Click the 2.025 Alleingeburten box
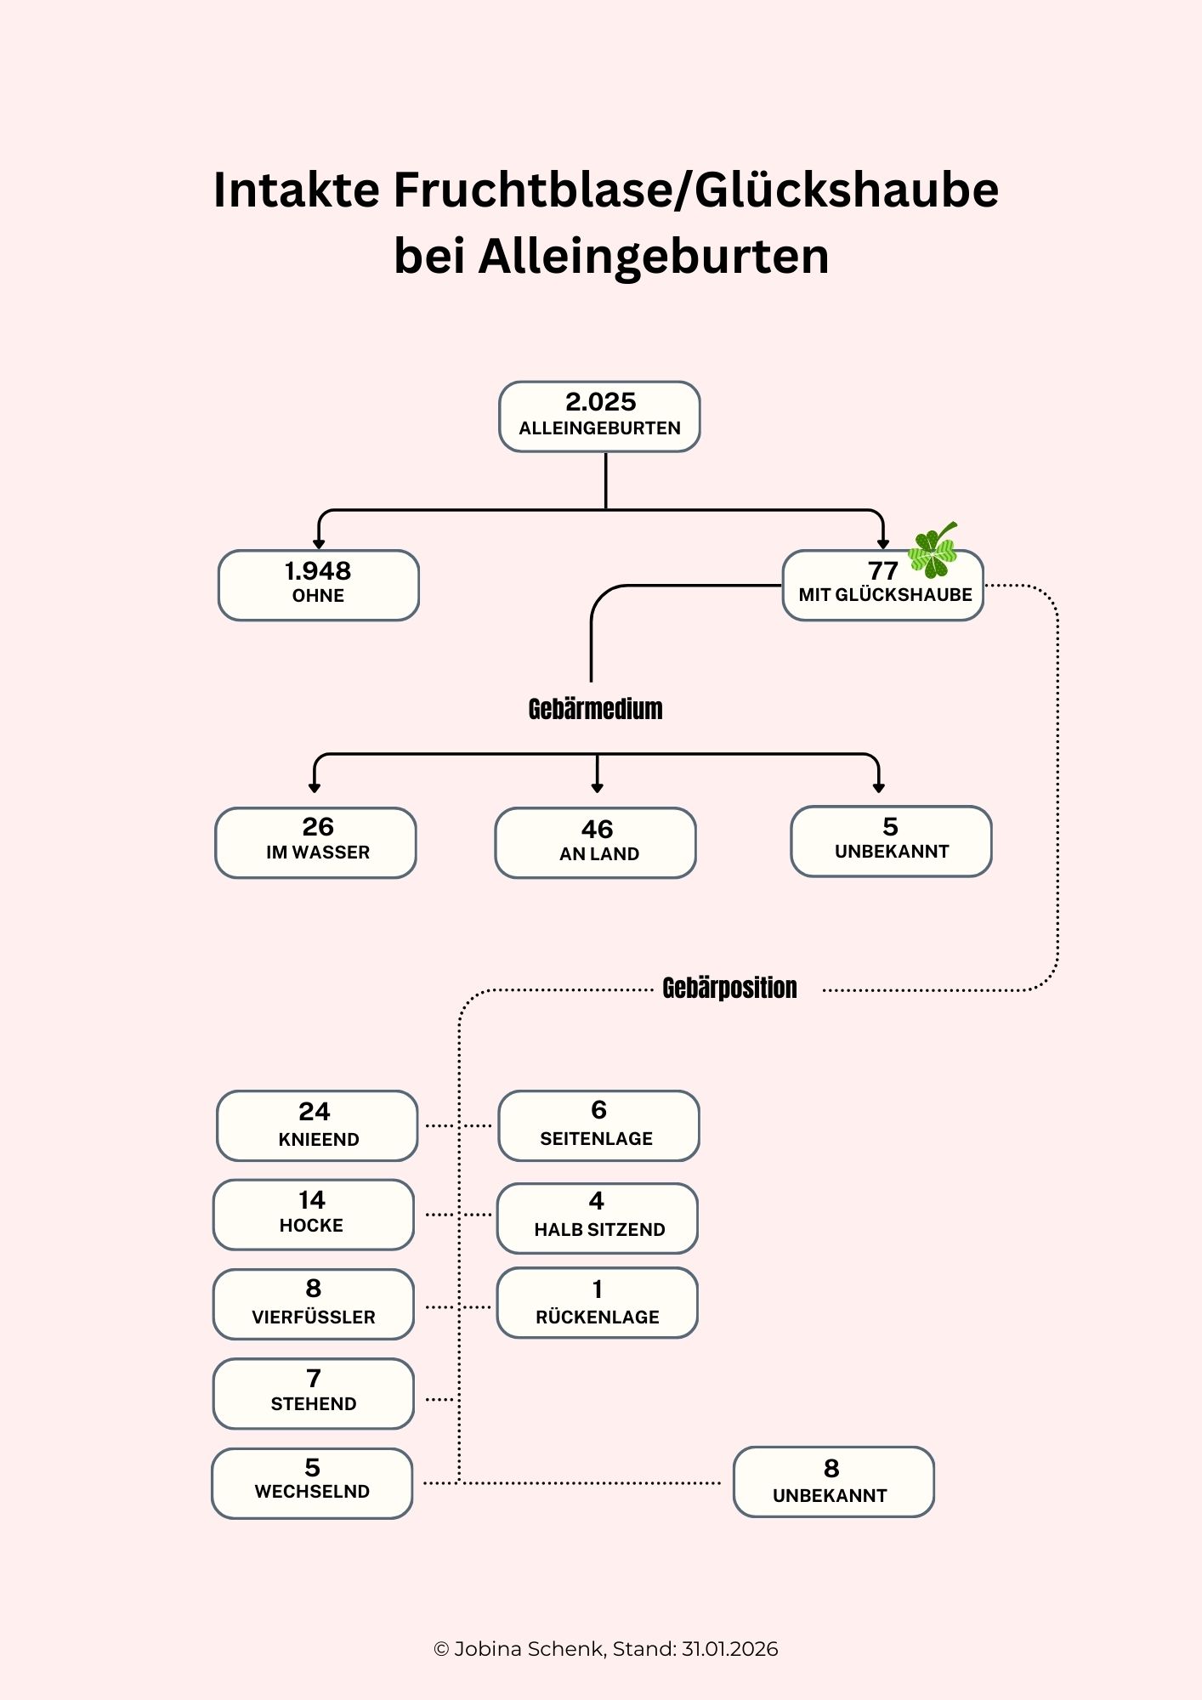click(x=599, y=416)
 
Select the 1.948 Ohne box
click(x=319, y=585)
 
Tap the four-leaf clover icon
click(x=933, y=550)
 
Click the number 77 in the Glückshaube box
click(x=882, y=570)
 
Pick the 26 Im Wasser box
click(x=316, y=842)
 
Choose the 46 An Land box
click(x=596, y=842)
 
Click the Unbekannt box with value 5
click(x=891, y=841)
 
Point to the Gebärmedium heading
click(x=595, y=709)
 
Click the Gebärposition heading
click(x=729, y=988)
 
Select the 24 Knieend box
click(x=317, y=1125)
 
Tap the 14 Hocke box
click(x=314, y=1214)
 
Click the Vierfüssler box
click(x=314, y=1304)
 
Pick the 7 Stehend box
click(x=314, y=1393)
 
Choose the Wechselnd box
click(x=312, y=1482)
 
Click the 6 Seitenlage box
click(x=598, y=1125)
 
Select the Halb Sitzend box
click(x=598, y=1217)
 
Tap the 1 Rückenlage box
click(x=598, y=1302)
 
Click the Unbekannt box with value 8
click(x=833, y=1482)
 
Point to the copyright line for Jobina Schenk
click(x=605, y=1649)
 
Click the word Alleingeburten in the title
click(x=654, y=256)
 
